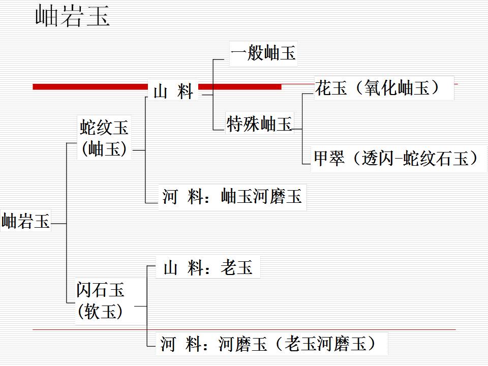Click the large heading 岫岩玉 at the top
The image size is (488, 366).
(73, 17)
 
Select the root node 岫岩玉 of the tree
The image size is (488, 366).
(26, 222)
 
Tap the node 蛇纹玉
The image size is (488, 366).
(105, 127)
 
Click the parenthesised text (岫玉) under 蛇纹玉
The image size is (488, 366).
(105, 149)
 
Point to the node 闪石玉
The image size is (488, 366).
(101, 290)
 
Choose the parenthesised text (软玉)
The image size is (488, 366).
(101, 311)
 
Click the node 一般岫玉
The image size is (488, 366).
(263, 53)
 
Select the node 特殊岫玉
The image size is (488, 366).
(259, 124)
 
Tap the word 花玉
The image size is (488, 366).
(331, 88)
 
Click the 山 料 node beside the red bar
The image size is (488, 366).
(173, 92)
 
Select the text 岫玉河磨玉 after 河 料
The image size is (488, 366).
(261, 196)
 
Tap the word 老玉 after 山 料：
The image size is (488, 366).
(236, 267)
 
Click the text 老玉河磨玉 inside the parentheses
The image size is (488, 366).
(325, 344)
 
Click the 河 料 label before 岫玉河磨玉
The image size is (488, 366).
(183, 196)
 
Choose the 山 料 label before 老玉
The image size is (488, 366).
(184, 267)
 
